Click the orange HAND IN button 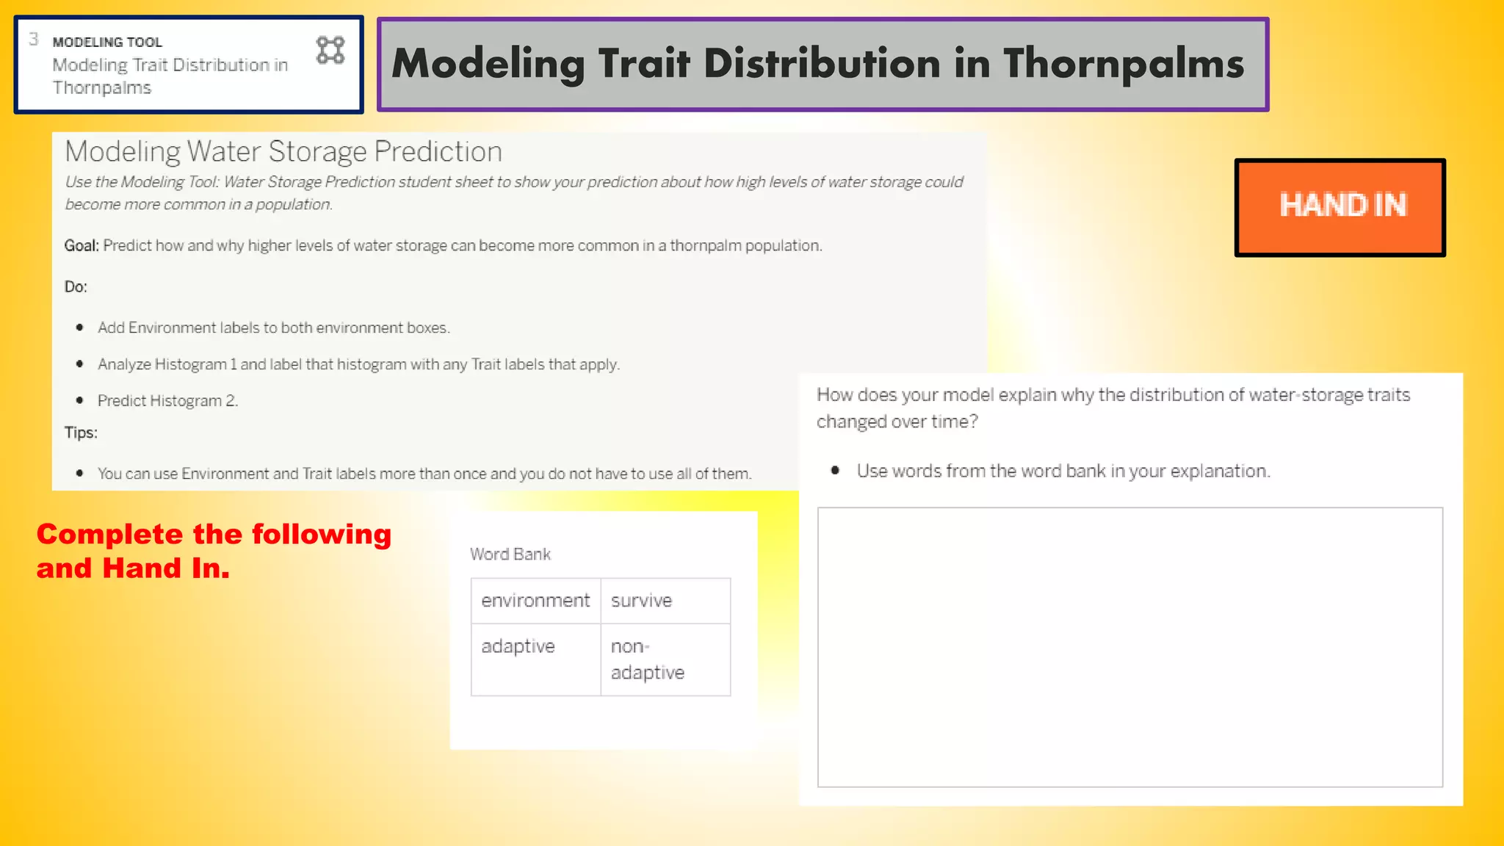(1340, 207)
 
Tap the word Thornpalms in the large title (1124, 65)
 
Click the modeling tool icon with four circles (330, 51)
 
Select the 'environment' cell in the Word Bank (535, 601)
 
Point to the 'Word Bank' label (510, 554)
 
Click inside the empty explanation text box (1129, 646)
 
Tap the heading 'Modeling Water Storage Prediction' (283, 152)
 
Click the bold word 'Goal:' (81, 246)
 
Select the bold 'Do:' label (76, 287)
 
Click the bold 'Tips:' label (81, 433)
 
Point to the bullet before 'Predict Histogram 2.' (79, 400)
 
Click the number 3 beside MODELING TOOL (34, 40)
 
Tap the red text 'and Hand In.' (133, 568)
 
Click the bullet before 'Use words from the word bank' (835, 471)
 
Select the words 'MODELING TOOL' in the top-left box (107, 43)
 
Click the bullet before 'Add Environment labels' (79, 328)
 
